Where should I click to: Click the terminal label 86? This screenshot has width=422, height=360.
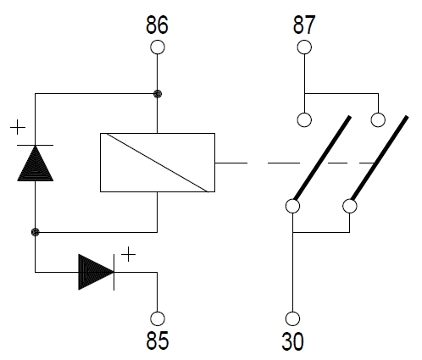(x=157, y=25)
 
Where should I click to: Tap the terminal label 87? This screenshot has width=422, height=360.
(x=304, y=25)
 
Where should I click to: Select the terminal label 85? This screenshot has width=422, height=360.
(x=158, y=341)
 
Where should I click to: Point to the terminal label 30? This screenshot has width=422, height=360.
(x=293, y=341)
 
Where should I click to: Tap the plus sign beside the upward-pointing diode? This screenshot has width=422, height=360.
(x=18, y=127)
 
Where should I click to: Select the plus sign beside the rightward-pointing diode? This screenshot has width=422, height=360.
(x=128, y=254)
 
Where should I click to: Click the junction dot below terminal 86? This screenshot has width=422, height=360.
(x=158, y=94)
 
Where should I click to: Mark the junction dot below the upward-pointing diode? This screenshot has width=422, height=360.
(x=35, y=232)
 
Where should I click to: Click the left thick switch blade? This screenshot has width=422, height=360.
(x=322, y=158)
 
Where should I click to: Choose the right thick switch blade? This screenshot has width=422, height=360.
(x=380, y=158)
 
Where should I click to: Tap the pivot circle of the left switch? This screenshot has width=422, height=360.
(x=292, y=206)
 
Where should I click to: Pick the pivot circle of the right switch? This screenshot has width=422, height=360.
(x=350, y=206)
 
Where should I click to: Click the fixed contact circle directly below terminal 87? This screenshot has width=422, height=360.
(x=304, y=120)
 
